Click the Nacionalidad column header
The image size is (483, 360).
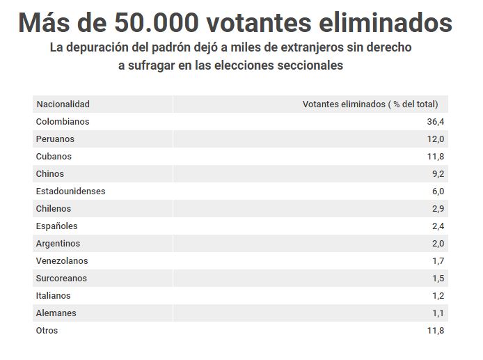click(x=63, y=104)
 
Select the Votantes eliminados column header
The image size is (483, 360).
click(x=370, y=104)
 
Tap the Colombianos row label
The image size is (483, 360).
click(x=63, y=122)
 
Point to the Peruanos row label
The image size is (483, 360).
click(x=55, y=139)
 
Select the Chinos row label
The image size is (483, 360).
click(x=49, y=174)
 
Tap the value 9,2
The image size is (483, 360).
click(x=438, y=174)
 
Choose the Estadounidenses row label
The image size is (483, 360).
click(x=70, y=191)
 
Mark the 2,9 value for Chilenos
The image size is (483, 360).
click(x=438, y=209)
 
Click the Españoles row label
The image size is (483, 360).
click(x=56, y=226)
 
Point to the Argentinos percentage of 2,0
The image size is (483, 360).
click(x=438, y=244)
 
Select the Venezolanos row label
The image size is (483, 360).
click(x=61, y=261)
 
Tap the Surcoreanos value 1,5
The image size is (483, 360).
click(x=438, y=279)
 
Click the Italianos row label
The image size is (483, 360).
click(x=53, y=296)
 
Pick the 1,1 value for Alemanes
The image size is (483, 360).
click(x=438, y=313)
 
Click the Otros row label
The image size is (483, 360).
click(x=47, y=331)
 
